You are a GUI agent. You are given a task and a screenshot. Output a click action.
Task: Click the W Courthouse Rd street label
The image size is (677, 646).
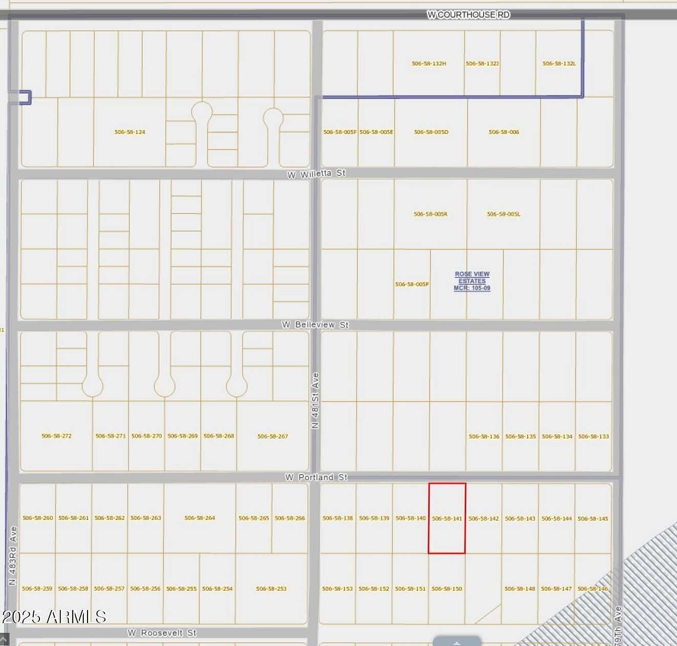click(x=468, y=15)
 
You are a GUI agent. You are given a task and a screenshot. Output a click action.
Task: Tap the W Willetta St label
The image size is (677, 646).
click(x=316, y=174)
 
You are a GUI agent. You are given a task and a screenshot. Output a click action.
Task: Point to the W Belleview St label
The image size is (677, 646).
click(x=315, y=325)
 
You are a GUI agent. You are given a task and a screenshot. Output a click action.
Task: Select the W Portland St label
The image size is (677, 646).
click(x=316, y=477)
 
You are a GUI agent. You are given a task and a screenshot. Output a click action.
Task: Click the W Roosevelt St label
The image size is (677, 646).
click(x=162, y=633)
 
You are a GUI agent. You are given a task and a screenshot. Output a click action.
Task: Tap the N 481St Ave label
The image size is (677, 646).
click(x=315, y=400)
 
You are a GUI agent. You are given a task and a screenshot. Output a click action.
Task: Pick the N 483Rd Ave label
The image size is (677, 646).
click(x=13, y=555)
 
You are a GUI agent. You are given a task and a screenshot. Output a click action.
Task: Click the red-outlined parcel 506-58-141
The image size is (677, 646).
click(x=447, y=518)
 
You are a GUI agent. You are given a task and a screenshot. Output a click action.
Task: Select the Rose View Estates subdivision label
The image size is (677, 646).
click(x=472, y=281)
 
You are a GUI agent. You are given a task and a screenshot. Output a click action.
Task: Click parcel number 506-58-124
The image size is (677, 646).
click(x=130, y=132)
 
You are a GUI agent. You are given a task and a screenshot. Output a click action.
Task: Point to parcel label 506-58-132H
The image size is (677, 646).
click(x=429, y=64)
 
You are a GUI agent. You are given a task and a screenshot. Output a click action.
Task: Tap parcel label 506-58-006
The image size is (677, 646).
click(x=503, y=132)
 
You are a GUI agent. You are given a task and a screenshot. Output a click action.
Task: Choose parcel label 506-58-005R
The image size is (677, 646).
click(x=430, y=214)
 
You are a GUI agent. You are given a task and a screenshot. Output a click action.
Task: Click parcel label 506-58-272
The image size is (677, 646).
click(x=56, y=436)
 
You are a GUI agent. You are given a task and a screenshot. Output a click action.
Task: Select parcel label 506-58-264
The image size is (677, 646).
click(x=200, y=518)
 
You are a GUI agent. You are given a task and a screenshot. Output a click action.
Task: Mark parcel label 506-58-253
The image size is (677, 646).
click(x=271, y=589)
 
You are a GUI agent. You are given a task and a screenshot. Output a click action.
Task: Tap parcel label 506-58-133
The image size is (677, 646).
click(x=594, y=437)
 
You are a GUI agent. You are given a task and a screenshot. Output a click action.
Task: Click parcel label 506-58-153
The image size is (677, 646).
click(x=337, y=589)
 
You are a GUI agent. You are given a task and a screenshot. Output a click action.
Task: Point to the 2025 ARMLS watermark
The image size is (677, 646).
click(x=54, y=617)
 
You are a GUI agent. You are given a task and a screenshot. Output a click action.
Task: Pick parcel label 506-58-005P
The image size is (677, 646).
click(x=412, y=285)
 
